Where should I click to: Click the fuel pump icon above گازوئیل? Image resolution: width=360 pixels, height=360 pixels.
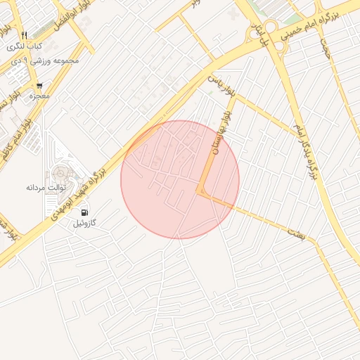(84, 212)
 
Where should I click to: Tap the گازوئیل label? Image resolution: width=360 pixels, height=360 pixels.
(84, 224)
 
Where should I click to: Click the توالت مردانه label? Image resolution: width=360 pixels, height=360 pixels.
(46, 188)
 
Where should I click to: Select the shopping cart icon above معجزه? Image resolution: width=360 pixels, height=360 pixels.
(39, 86)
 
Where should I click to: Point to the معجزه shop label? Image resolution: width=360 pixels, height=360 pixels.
(39, 96)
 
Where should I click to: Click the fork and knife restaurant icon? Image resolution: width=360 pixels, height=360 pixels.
(24, 35)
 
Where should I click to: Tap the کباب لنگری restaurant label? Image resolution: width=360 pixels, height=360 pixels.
(24, 46)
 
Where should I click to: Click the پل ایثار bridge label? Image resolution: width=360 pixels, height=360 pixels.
(266, 34)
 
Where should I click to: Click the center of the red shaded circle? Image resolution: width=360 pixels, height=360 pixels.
(180, 179)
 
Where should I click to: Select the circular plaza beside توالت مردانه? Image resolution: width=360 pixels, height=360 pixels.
(60, 172)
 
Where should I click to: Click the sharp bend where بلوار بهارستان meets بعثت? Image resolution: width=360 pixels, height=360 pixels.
(200, 192)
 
